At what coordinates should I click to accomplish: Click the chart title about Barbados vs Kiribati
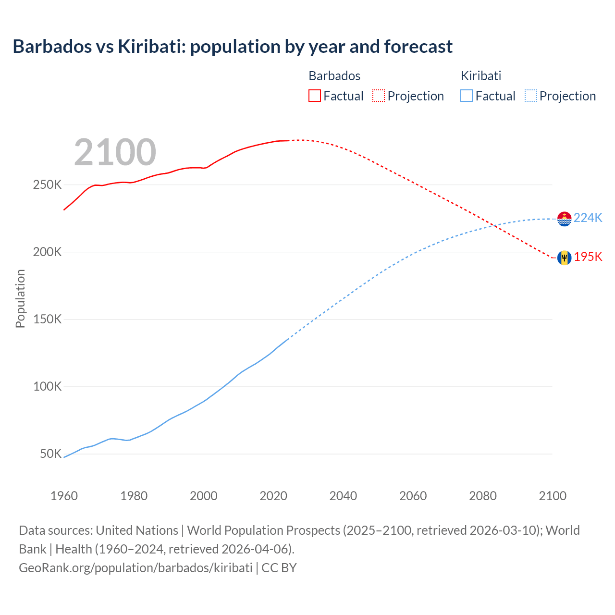233,47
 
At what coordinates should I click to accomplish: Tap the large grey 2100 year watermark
115,152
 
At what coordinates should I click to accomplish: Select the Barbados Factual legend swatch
314,96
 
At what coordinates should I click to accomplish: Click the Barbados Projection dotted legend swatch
379,96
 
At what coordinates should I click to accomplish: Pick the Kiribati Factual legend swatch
466,96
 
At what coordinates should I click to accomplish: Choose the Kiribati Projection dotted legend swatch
530,96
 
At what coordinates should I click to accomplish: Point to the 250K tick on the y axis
47,185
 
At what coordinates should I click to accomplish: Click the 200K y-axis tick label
47,252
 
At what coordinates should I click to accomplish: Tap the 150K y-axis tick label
47,320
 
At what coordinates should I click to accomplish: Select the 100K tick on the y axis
47,387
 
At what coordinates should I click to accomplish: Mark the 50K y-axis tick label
50,454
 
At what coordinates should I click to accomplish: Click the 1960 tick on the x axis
64,496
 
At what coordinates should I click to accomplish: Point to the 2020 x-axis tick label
273,496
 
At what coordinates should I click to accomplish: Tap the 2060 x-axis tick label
413,496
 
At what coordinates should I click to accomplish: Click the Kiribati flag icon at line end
564,219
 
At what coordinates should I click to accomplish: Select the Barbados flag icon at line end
564,258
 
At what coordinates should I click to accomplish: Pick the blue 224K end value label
588,218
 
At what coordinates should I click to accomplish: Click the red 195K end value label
588,257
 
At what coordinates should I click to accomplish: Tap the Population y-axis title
20,298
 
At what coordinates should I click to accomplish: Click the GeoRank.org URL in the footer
135,568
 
